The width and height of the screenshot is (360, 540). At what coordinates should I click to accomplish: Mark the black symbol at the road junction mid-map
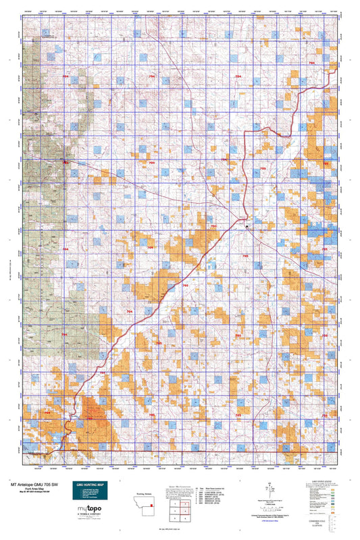pos(247,227)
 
